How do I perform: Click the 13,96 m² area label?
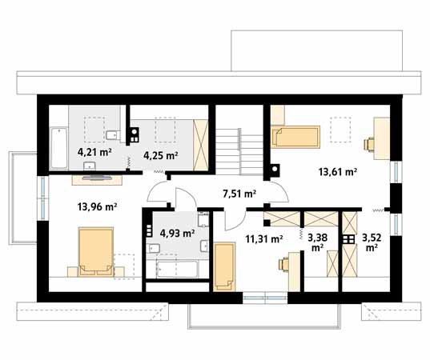[x=97, y=207]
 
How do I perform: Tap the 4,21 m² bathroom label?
[x=94, y=152]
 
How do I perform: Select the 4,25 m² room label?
[x=161, y=156]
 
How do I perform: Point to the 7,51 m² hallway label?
[x=239, y=194]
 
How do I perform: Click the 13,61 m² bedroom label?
[x=338, y=172]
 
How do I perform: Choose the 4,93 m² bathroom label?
[x=178, y=233]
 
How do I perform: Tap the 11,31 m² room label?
[x=264, y=239]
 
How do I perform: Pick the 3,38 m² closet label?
[x=317, y=242]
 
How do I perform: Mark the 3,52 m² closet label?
[x=372, y=242]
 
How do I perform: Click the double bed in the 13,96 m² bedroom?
[x=96, y=252]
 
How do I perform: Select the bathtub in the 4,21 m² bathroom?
[x=59, y=148]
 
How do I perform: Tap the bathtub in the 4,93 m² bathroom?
[x=177, y=270]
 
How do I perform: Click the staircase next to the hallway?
[x=239, y=151]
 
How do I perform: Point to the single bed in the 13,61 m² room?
[x=295, y=137]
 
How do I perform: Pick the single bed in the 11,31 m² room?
[x=224, y=266]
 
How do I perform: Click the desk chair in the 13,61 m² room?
[x=368, y=144]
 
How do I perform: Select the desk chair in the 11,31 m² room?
[x=284, y=264]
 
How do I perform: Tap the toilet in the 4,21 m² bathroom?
[x=113, y=135]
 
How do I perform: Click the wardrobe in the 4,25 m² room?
[x=200, y=145]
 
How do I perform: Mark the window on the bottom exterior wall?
[x=265, y=298]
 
